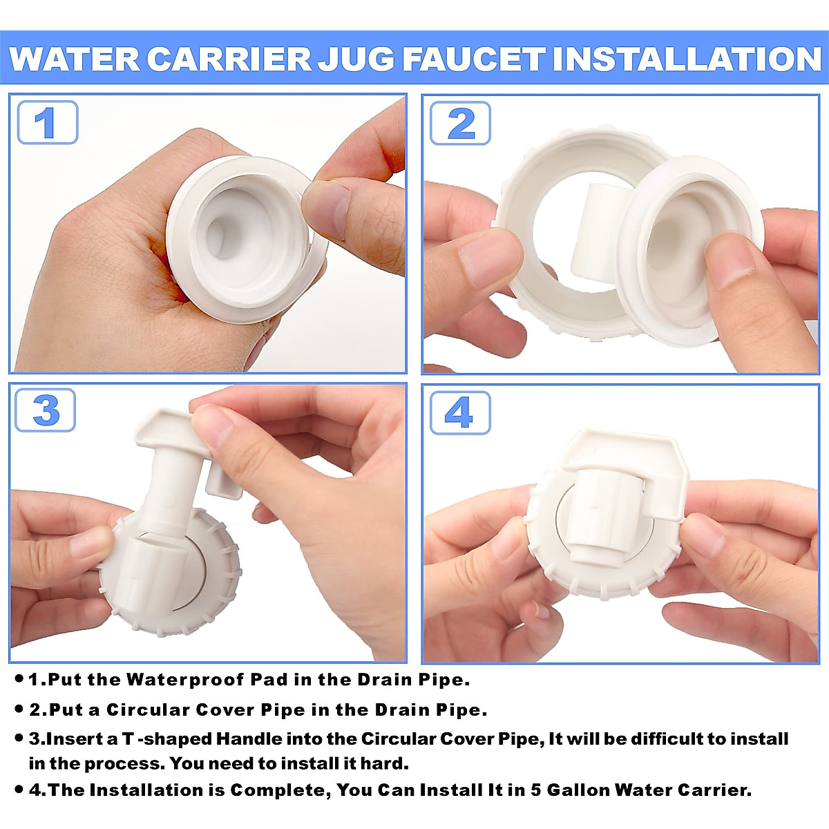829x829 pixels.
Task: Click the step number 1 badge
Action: tap(47, 123)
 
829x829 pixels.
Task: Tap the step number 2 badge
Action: tap(460, 124)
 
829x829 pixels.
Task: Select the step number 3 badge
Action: tap(46, 411)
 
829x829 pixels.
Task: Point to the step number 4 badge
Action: tap(460, 412)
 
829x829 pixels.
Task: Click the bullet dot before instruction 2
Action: tap(19, 709)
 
